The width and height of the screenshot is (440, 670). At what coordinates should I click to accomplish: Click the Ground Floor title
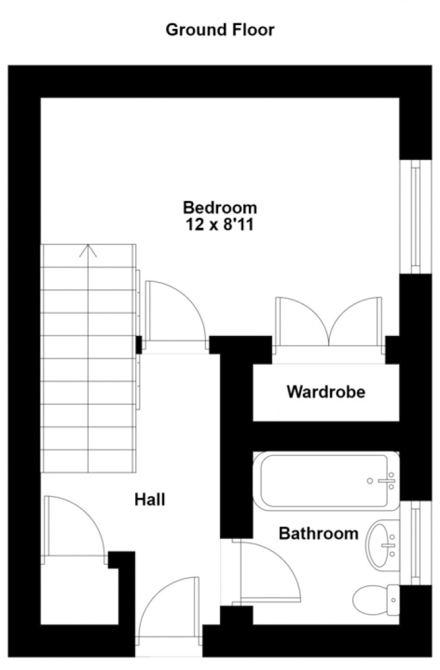point(220,30)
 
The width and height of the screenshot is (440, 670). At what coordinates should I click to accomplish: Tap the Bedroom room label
point(220,208)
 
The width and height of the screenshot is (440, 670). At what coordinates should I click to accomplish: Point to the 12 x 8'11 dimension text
point(220,225)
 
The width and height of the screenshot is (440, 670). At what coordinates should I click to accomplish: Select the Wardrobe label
point(326,392)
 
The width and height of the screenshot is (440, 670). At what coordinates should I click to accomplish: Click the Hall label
point(150,499)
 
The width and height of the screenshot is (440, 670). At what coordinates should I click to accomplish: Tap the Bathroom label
point(319,534)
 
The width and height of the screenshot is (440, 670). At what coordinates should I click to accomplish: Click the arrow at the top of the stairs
point(88,251)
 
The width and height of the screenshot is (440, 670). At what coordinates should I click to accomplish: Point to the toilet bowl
point(370,600)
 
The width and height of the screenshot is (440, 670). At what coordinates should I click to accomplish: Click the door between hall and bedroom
point(175,311)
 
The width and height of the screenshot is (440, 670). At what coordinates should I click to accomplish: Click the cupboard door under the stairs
point(74,526)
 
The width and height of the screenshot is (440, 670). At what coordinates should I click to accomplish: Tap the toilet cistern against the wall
point(393,600)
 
